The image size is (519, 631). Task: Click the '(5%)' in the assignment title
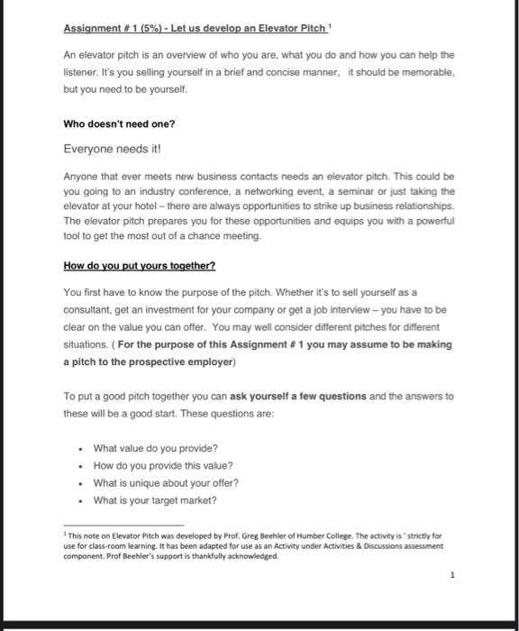pyautogui.click(x=141, y=28)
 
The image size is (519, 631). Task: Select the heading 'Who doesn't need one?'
pyautogui.click(x=119, y=123)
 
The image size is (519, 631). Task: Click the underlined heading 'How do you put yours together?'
pyautogui.click(x=140, y=266)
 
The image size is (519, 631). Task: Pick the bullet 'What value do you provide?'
pyautogui.click(x=155, y=449)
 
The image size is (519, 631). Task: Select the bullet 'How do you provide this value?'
pyautogui.click(x=163, y=466)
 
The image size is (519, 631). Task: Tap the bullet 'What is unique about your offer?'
pyautogui.click(x=166, y=483)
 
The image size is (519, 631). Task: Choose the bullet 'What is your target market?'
pyautogui.click(x=155, y=500)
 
